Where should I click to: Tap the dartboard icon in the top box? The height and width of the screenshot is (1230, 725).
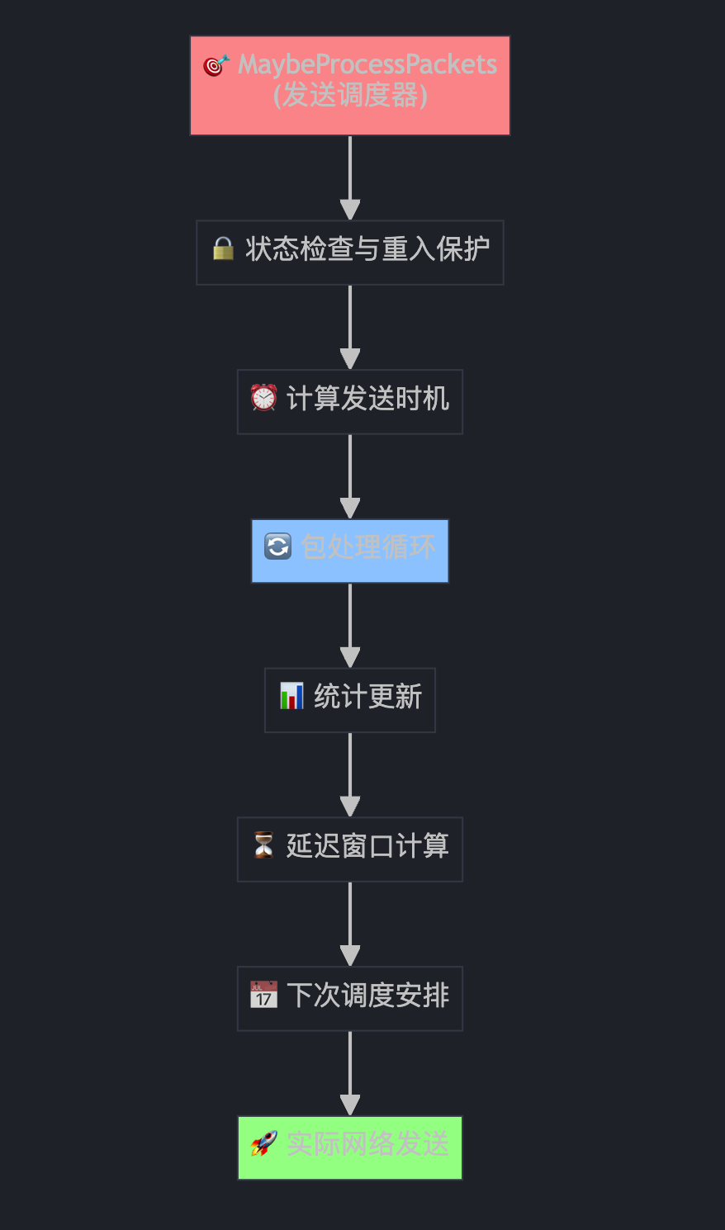click(216, 65)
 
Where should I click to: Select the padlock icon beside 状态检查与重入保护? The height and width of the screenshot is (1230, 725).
click(223, 248)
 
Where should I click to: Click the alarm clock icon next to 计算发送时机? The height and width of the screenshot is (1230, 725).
click(263, 398)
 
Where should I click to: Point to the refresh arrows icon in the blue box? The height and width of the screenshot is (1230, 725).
click(277, 546)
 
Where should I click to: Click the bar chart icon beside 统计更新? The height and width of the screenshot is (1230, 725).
click(291, 696)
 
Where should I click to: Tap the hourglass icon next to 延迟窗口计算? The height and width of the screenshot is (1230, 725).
click(263, 845)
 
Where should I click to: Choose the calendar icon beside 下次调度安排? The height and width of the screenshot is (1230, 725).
click(263, 995)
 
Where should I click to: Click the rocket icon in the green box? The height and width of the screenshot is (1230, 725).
click(263, 1144)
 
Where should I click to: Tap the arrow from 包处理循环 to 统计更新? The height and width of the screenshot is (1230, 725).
click(350, 624)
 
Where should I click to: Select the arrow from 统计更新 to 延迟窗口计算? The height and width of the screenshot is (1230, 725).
click(350, 773)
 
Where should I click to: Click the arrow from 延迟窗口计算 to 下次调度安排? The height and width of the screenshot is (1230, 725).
click(350, 923)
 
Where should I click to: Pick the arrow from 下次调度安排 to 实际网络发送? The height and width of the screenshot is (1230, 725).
click(350, 1072)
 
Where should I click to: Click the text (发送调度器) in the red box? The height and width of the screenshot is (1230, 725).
click(350, 96)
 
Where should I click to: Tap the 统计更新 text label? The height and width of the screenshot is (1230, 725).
click(368, 697)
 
